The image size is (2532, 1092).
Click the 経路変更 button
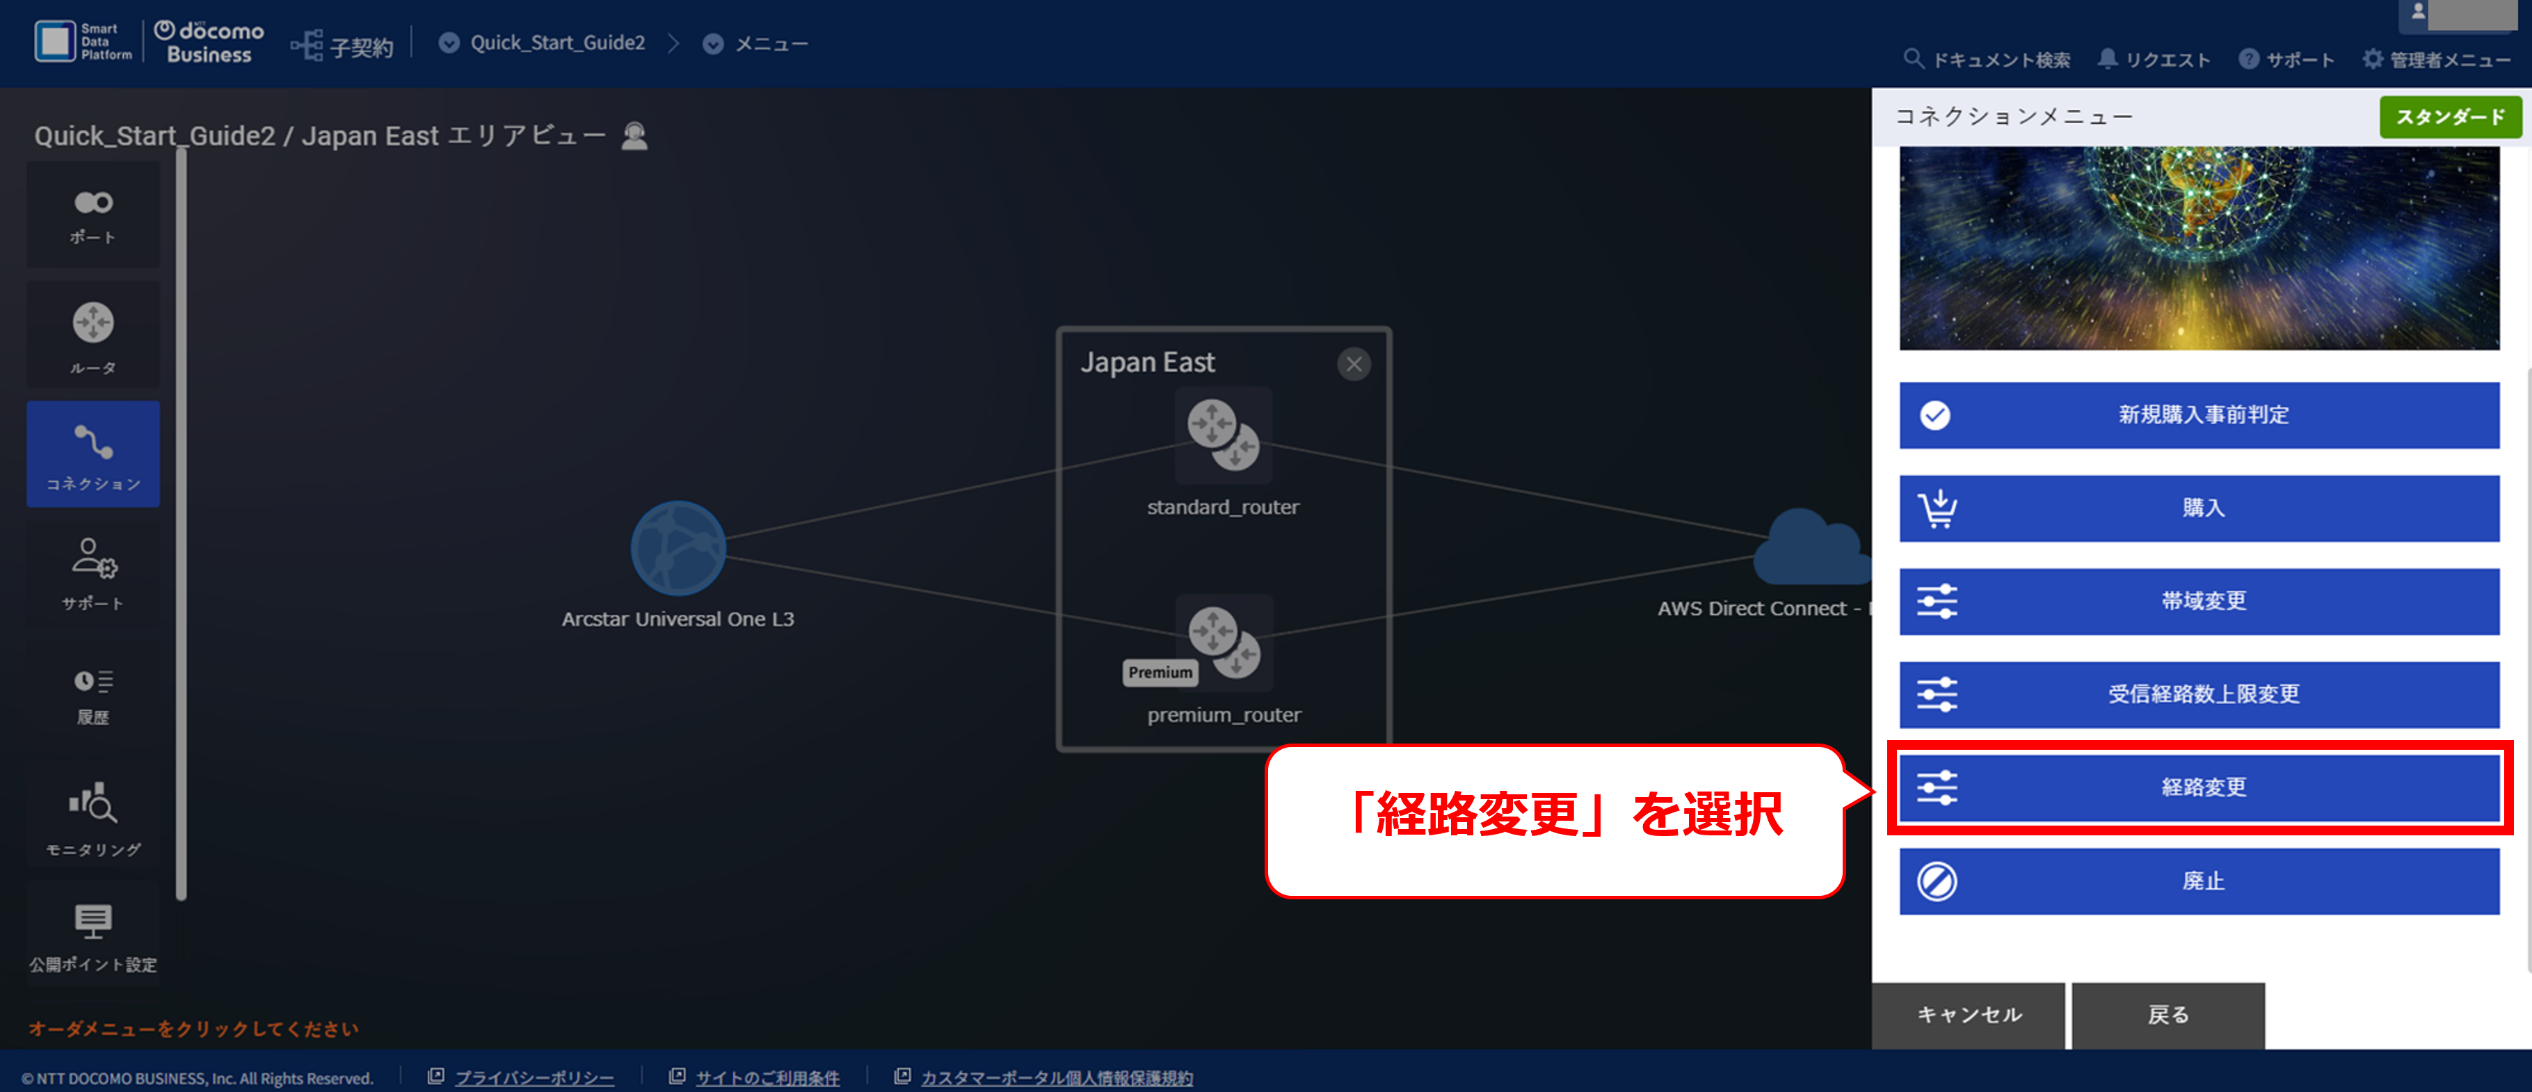coord(2199,787)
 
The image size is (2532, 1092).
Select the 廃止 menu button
coord(2199,881)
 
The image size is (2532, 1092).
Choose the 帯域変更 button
coord(2199,600)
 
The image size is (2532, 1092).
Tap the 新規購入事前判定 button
coord(2199,415)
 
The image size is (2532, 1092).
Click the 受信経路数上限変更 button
coord(2199,694)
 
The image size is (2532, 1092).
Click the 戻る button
coord(2168,1014)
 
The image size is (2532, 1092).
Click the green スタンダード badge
coord(2449,117)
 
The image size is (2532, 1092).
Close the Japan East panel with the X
coord(1354,364)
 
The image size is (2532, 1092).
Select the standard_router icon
coord(1224,435)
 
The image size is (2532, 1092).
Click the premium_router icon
coord(1224,642)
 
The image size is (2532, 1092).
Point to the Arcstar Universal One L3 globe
coord(678,549)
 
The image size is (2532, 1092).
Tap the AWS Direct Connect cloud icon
coord(1811,547)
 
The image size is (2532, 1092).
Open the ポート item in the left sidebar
coord(93,215)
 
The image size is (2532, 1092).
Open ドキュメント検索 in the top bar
coord(1987,60)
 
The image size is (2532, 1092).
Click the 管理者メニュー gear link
coord(2436,60)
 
